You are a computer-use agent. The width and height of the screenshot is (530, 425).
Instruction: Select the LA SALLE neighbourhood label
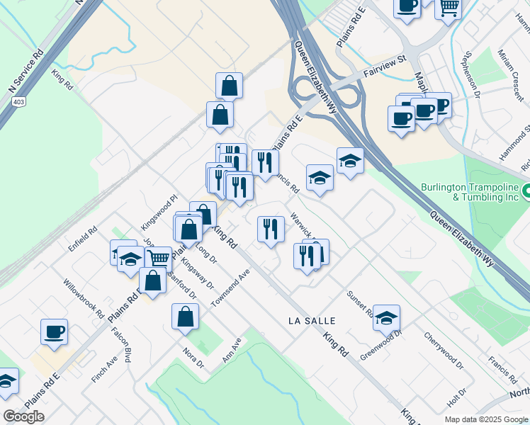312,321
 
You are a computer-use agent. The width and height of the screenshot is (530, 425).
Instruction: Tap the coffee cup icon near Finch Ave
54,331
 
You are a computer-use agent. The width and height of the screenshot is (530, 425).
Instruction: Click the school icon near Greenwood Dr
386,317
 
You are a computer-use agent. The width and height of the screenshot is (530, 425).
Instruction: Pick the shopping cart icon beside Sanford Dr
158,259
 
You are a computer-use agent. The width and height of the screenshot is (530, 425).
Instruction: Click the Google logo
23,416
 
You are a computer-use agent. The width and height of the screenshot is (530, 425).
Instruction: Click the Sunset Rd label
360,303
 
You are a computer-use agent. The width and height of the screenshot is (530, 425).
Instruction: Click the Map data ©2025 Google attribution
487,419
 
